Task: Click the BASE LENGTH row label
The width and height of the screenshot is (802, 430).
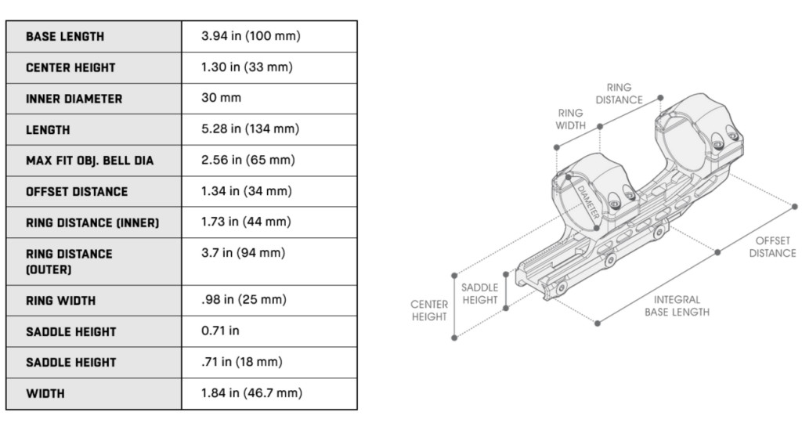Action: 65,37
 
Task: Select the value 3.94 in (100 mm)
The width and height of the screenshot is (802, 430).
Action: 251,37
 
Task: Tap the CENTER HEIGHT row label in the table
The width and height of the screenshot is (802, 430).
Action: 70,68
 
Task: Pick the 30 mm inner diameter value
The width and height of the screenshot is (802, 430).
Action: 222,99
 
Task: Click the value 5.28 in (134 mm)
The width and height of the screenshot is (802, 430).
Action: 251,129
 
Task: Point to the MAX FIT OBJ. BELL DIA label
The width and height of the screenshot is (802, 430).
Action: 89,161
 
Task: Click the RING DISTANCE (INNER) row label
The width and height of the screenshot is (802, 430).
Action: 92,222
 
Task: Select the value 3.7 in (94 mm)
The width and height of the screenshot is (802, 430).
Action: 244,253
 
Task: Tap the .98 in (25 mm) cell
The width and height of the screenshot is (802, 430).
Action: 244,300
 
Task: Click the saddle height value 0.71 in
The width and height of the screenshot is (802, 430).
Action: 221,331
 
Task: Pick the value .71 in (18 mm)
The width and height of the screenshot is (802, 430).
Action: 243,362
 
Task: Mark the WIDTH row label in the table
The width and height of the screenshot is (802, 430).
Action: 45,393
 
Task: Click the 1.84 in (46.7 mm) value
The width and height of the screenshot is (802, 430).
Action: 251,393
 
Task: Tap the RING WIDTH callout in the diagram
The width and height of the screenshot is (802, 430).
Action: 570,119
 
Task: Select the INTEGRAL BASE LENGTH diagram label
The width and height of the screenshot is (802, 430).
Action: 677,305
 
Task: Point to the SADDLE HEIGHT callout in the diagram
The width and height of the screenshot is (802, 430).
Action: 479,294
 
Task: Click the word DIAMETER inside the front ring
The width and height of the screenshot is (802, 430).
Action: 589,201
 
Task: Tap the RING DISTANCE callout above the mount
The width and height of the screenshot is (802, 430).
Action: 619,94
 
